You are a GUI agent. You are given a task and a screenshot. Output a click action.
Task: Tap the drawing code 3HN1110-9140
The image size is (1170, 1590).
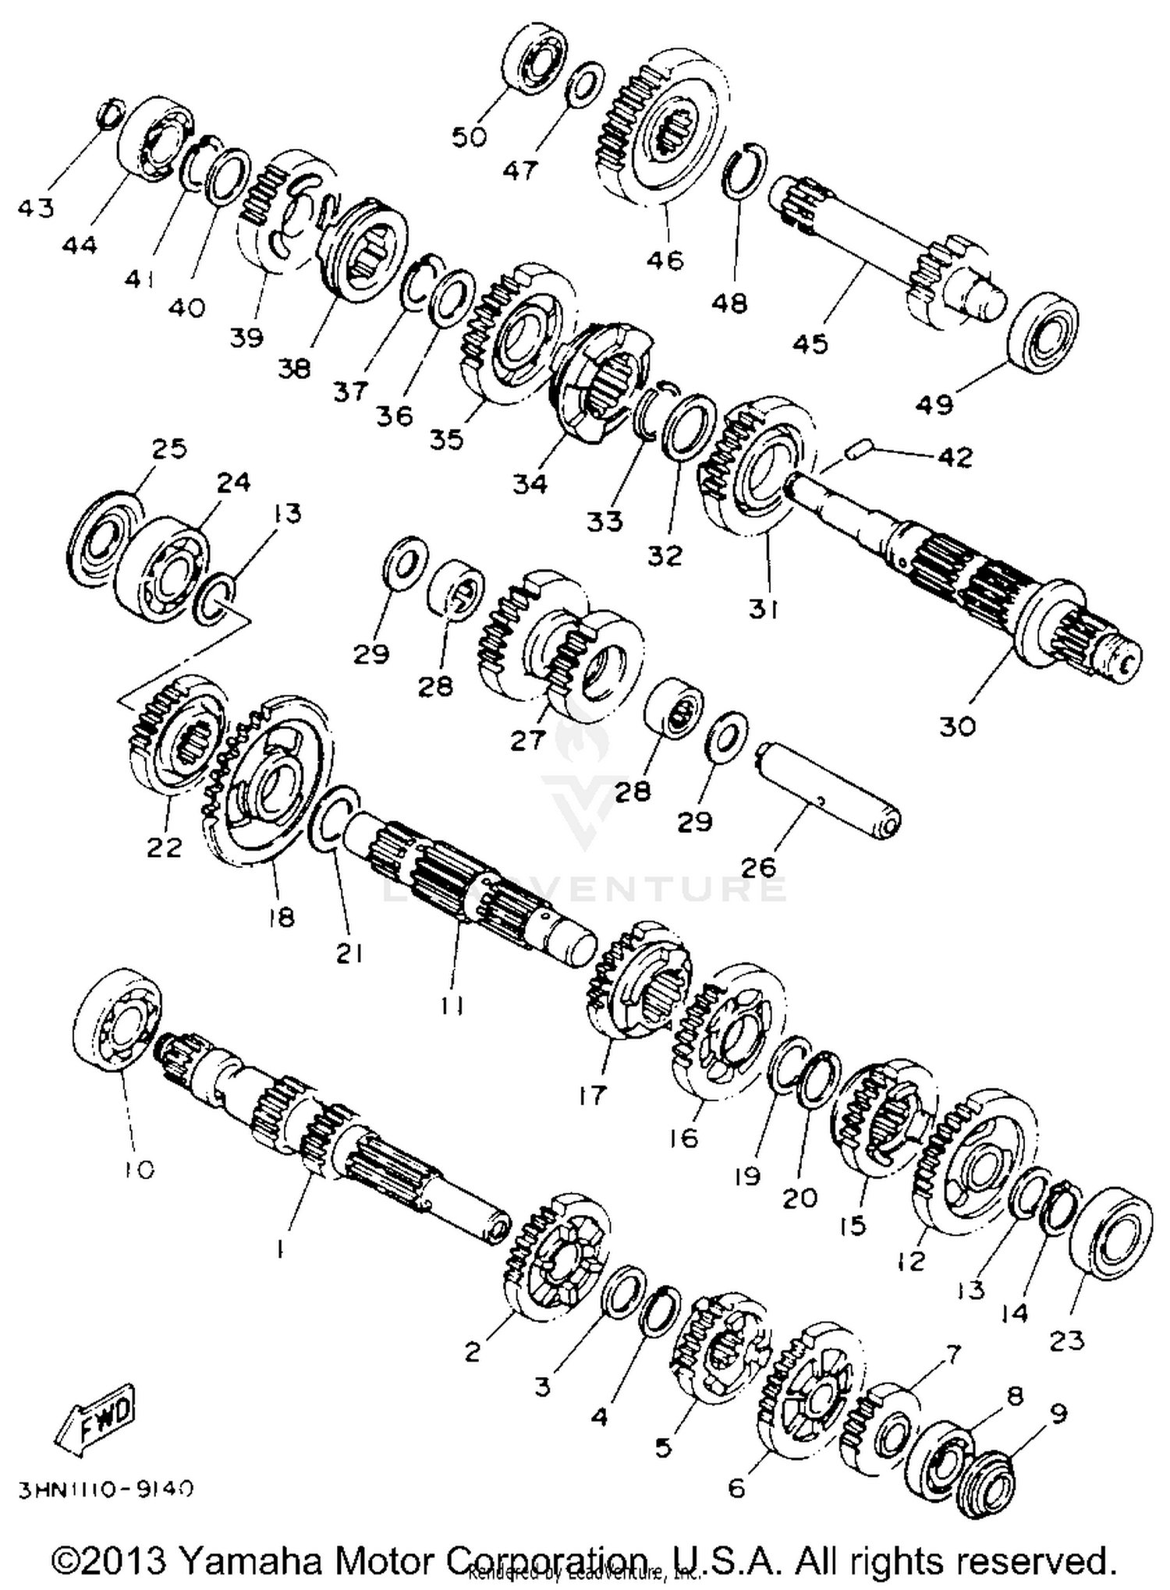[106, 1489]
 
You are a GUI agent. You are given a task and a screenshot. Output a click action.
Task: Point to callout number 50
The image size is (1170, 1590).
[469, 137]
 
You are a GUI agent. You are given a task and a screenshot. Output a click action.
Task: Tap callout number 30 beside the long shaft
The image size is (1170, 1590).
[956, 726]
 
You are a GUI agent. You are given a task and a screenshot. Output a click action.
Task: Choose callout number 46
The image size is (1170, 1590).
[664, 258]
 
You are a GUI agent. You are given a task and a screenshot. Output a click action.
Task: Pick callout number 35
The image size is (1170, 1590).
[445, 438]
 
